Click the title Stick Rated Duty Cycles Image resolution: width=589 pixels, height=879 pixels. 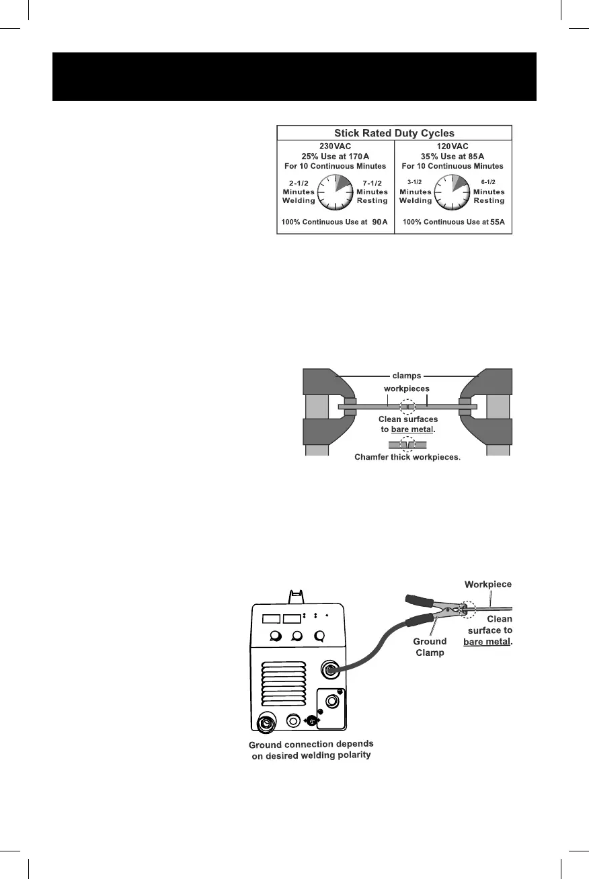pos(395,133)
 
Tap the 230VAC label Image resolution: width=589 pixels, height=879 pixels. pos(336,144)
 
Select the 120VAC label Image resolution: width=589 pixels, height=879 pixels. pos(453,144)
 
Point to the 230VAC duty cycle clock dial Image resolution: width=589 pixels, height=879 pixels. pos(336,192)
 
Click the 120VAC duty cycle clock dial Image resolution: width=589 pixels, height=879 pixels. pos(453,192)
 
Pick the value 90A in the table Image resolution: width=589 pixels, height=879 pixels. pos(381,222)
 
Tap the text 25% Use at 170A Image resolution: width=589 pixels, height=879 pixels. pos(336,155)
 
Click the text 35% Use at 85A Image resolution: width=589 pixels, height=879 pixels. pos(453,155)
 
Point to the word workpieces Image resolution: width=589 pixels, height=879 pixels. pos(407,389)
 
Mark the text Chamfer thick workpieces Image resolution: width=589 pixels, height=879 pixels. pos(407,458)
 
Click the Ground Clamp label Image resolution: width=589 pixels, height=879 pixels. pos(430,646)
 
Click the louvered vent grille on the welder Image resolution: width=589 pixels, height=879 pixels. pos(282,682)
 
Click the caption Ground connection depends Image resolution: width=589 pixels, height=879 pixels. pos(311,745)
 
